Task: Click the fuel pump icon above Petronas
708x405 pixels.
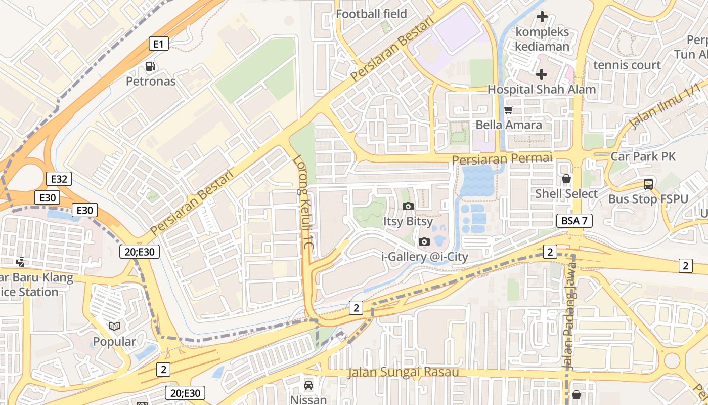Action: (x=150, y=66)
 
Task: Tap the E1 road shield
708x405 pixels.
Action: (x=158, y=44)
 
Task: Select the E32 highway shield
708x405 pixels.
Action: (x=59, y=179)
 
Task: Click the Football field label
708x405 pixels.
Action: (x=371, y=14)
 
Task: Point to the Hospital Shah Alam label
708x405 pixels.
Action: (x=541, y=89)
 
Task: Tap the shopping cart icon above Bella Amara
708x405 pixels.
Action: (x=509, y=110)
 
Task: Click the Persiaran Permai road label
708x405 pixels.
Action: (x=502, y=159)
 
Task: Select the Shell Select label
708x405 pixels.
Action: (x=566, y=193)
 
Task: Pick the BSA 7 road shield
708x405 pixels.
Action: (x=574, y=221)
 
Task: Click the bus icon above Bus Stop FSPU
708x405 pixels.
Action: (x=648, y=184)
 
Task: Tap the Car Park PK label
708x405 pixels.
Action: (x=643, y=156)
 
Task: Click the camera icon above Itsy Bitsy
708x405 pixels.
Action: (x=408, y=206)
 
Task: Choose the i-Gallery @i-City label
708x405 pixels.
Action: (x=424, y=257)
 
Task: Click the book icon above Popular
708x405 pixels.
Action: (x=114, y=327)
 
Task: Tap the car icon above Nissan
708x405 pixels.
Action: (x=308, y=385)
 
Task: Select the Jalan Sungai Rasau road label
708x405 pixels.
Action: (x=403, y=373)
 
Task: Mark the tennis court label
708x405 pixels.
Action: (x=627, y=65)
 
